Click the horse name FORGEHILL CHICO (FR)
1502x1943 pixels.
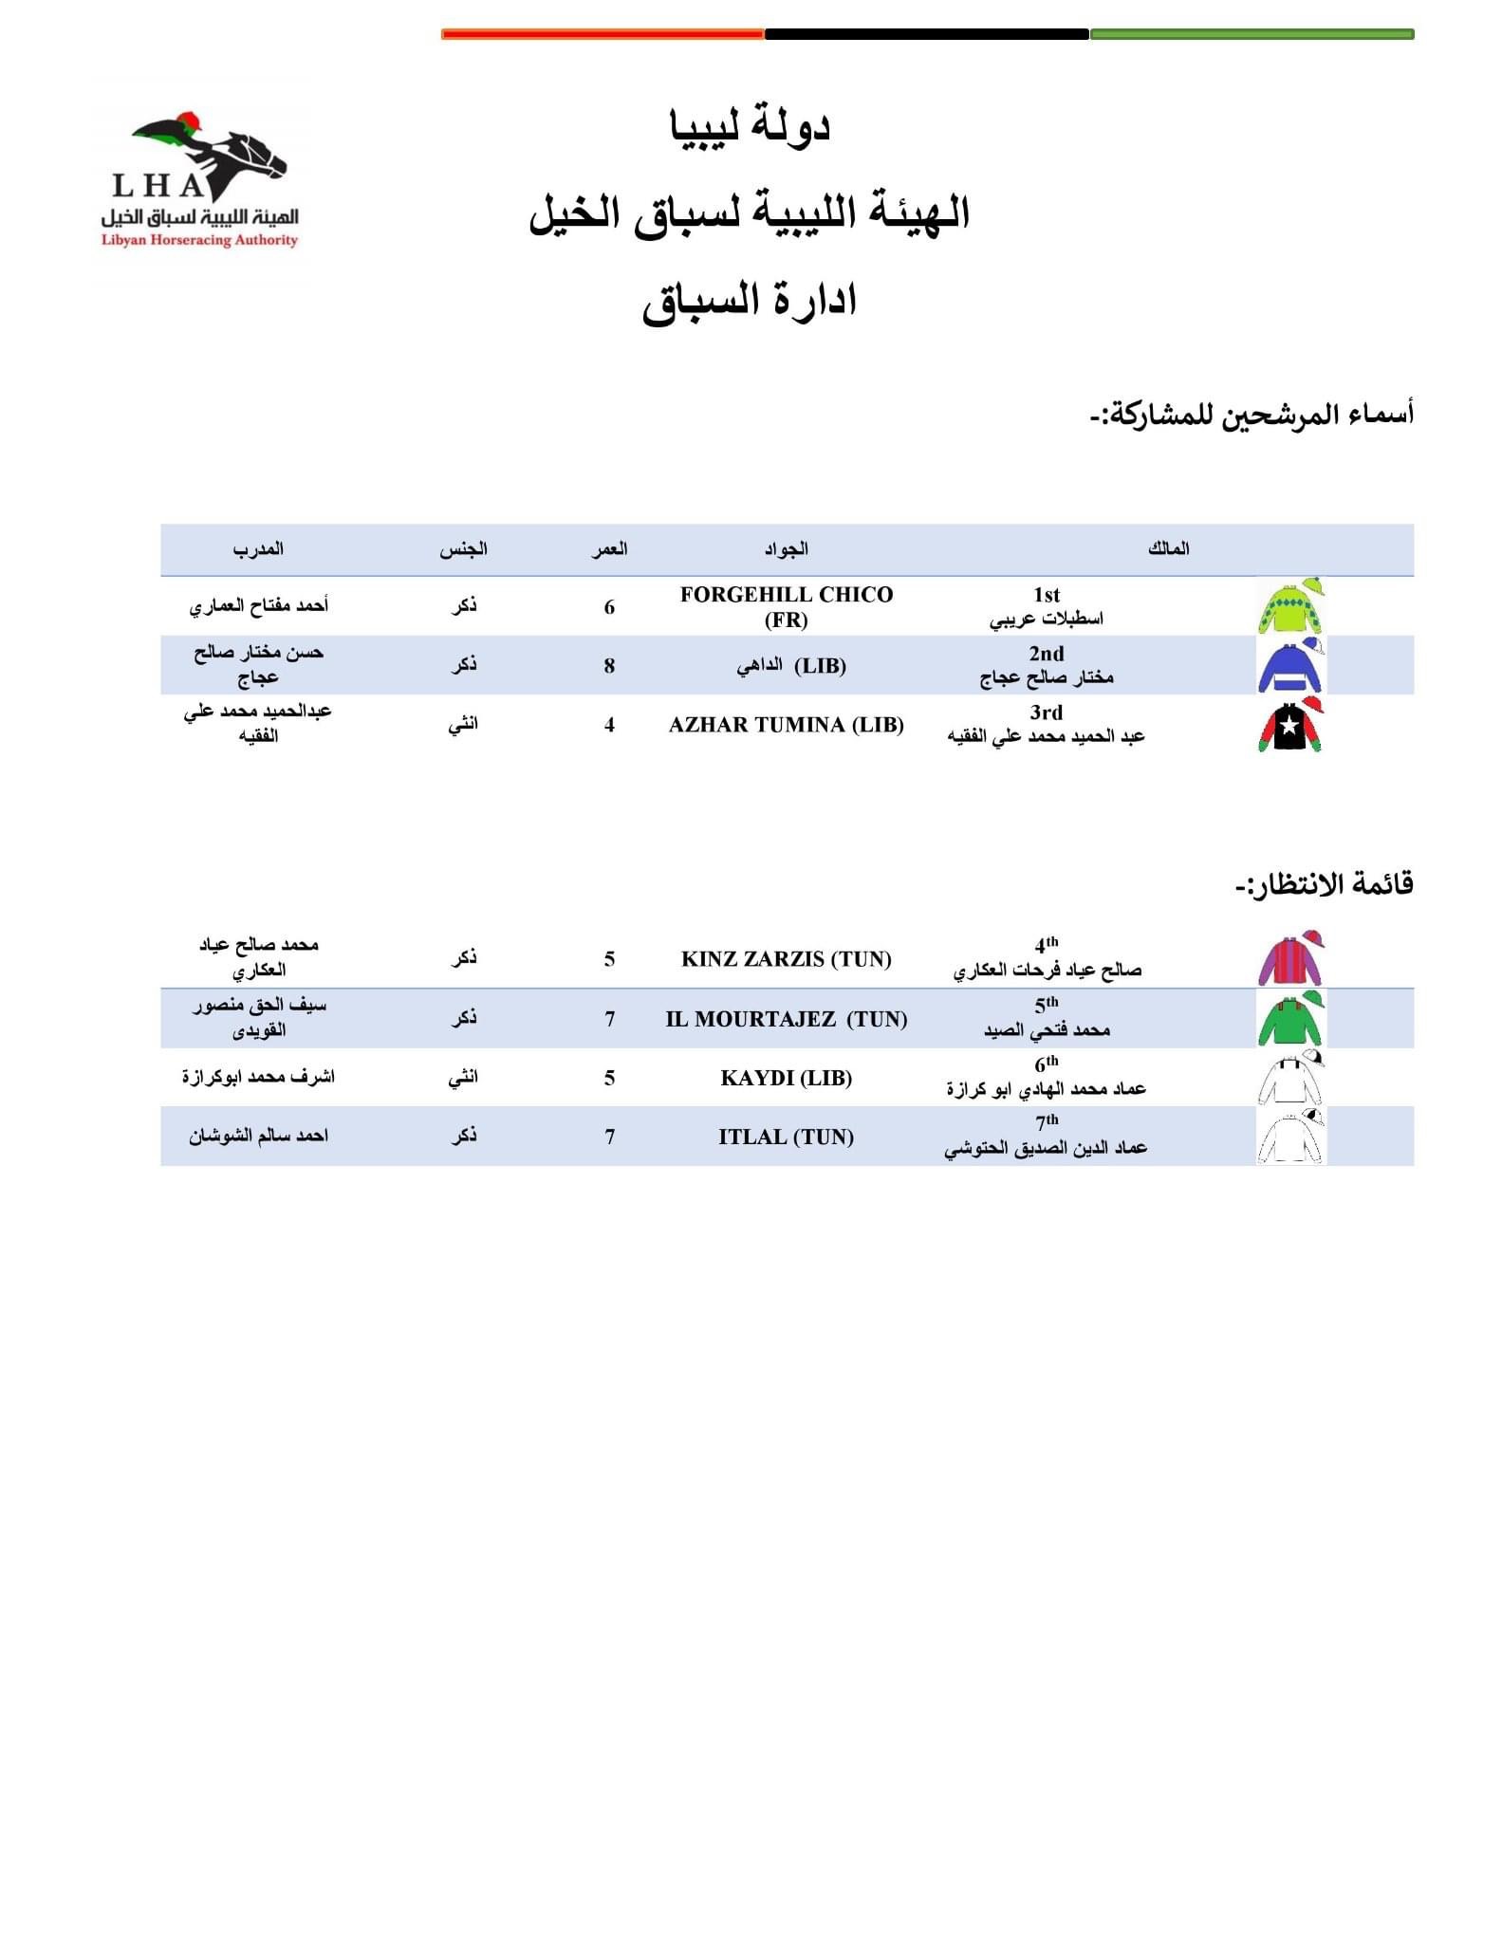point(786,606)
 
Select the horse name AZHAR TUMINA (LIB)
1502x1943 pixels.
point(786,725)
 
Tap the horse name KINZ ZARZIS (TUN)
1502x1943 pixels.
point(786,959)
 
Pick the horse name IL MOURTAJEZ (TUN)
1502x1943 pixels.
point(786,1019)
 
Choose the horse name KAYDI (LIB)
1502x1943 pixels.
point(786,1078)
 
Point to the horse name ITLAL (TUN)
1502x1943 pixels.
point(786,1137)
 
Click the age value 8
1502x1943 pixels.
point(609,666)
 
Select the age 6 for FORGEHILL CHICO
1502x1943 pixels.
point(609,607)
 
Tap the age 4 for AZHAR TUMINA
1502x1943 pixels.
point(609,725)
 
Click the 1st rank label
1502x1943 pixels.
point(1046,595)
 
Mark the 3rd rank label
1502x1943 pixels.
point(1046,712)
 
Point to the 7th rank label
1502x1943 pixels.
point(1046,1122)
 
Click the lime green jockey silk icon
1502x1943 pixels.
point(1289,606)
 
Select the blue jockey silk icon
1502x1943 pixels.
point(1289,666)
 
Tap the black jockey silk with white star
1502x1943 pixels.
point(1289,725)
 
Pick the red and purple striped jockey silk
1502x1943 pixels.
point(1289,959)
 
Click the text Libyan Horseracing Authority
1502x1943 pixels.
point(199,241)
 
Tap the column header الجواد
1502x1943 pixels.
point(786,548)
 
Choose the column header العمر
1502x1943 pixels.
point(609,548)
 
